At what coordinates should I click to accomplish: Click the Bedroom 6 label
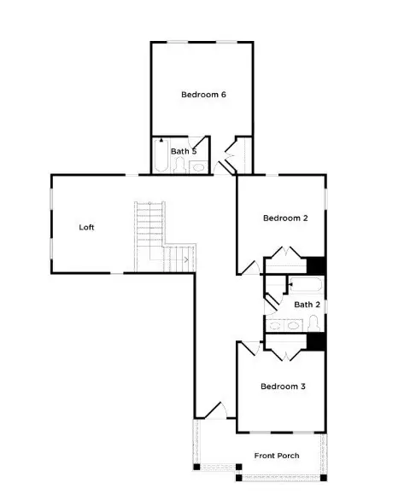tap(203, 95)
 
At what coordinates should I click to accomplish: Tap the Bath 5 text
tap(184, 151)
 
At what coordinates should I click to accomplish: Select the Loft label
tap(86, 227)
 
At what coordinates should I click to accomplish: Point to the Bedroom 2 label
tap(284, 218)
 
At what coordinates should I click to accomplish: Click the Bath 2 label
tap(307, 304)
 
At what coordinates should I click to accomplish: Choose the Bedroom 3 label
tap(283, 387)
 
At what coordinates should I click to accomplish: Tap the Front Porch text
tap(277, 456)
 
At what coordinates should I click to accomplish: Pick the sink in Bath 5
tap(198, 166)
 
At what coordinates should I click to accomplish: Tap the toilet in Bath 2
tap(313, 323)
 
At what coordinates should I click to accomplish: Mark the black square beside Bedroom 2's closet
tap(316, 265)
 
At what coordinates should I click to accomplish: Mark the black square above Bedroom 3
tap(316, 341)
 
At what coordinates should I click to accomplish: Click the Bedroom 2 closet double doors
tap(284, 254)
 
